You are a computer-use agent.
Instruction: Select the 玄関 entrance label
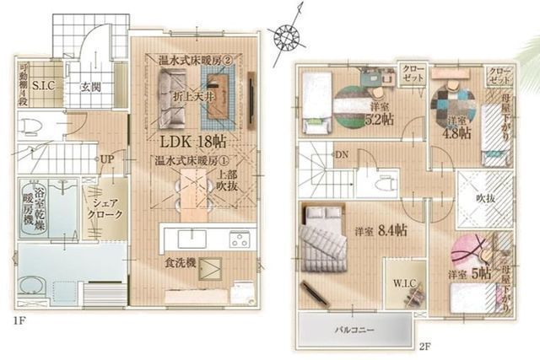tap(91, 87)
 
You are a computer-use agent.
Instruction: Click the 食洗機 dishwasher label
tap(180, 264)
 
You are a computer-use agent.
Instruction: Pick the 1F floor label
tap(18, 322)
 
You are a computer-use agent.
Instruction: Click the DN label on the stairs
tap(342, 155)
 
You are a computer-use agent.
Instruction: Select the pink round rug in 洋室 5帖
tap(471, 250)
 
